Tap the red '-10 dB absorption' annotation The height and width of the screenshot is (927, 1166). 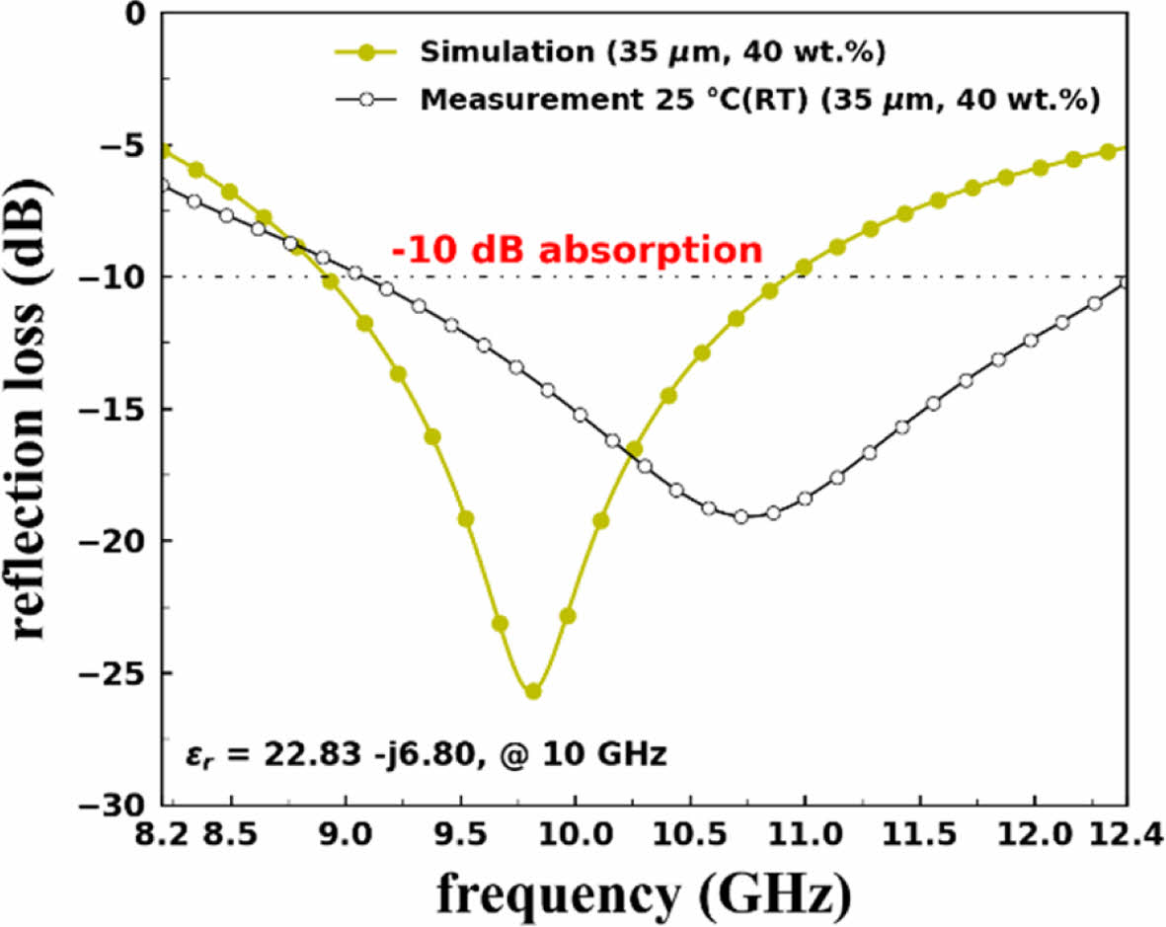[x=578, y=249]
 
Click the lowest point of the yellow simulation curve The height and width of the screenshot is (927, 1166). [x=533, y=691]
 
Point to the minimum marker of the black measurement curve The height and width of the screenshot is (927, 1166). [x=741, y=516]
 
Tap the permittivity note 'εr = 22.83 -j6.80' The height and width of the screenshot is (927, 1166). [x=427, y=757]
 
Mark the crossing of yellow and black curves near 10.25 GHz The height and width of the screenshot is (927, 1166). [x=629, y=453]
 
